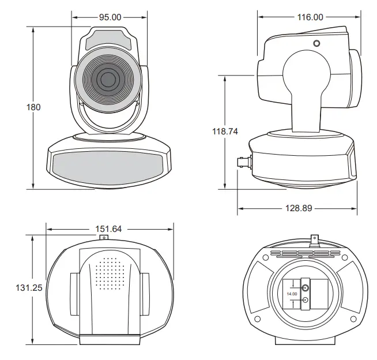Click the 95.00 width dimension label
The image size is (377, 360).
(x=110, y=17)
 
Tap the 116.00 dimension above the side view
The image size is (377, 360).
(x=310, y=17)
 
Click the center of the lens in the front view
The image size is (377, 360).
(x=107, y=79)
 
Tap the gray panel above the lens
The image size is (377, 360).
(x=108, y=42)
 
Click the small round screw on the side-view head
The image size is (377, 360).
(x=316, y=43)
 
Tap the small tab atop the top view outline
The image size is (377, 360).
(x=104, y=237)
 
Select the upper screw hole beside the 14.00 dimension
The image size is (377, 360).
(x=305, y=287)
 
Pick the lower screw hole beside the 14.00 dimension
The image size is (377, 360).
(x=305, y=300)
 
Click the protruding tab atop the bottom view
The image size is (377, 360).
(x=314, y=239)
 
